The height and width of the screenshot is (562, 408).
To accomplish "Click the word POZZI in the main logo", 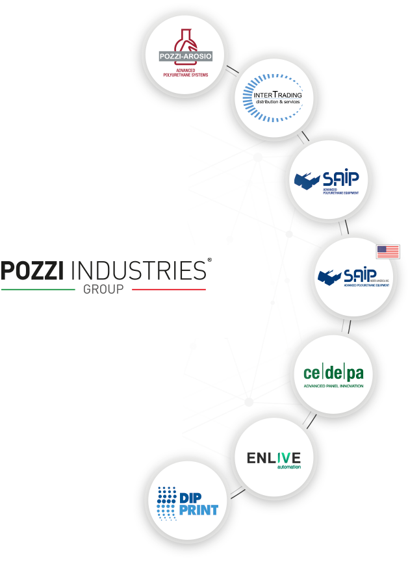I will click(32, 270).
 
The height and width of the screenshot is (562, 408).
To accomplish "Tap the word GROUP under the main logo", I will click(103, 290).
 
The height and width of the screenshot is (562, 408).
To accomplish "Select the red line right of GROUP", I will click(169, 289).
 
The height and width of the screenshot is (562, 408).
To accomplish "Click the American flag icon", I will click(388, 252).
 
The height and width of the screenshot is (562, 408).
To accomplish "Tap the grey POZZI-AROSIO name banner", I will click(185, 56).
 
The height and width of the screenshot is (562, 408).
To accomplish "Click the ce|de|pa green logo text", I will click(333, 374).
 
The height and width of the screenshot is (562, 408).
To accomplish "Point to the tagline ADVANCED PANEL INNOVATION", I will click(333, 386).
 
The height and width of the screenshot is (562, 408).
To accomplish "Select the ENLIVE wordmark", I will click(273, 458).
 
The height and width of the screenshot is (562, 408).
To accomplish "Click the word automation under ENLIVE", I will click(288, 466).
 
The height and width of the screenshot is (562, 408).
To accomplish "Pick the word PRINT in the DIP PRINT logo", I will click(198, 509).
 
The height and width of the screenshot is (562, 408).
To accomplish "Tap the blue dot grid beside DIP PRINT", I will click(167, 503).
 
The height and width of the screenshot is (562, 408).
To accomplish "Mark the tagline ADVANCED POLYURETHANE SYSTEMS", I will click(186, 72).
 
